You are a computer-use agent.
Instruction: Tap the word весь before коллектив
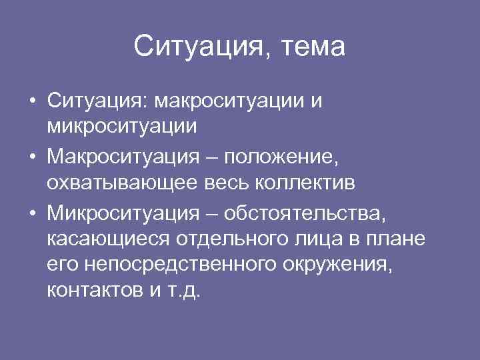pyautogui.click(x=227, y=181)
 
